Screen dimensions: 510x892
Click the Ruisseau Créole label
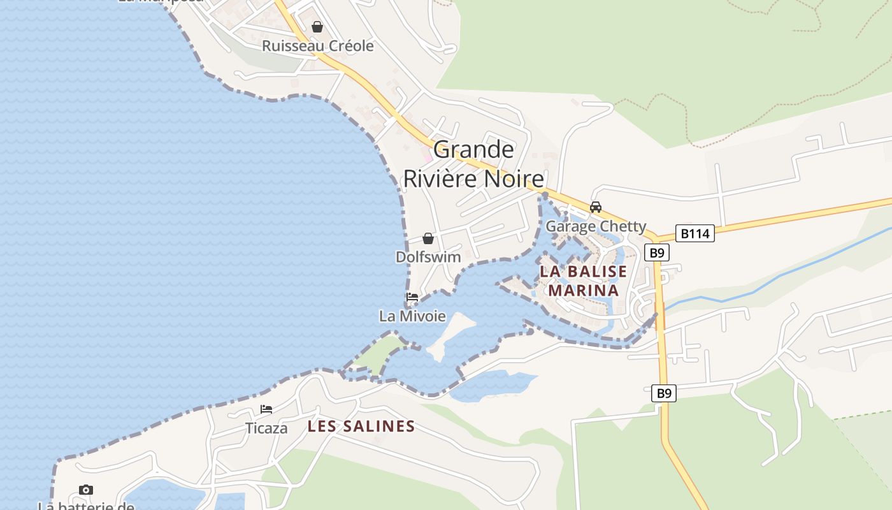click(x=317, y=46)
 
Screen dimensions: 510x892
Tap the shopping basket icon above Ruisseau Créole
click(x=317, y=27)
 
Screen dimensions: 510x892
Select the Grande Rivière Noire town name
click(x=474, y=164)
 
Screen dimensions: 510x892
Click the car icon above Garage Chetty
click(x=596, y=207)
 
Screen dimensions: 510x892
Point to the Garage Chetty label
click(x=596, y=226)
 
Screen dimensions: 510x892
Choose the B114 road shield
click(x=694, y=233)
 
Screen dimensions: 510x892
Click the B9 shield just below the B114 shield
click(x=656, y=252)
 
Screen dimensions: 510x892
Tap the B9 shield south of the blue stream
click(x=664, y=393)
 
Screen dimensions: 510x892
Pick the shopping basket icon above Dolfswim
click(x=428, y=238)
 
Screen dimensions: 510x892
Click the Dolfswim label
click(x=428, y=257)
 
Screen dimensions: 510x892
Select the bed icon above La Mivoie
click(x=412, y=297)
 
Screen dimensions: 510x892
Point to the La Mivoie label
click(x=412, y=316)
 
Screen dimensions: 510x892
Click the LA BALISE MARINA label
click(x=583, y=280)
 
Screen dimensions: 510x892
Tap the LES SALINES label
click(x=361, y=426)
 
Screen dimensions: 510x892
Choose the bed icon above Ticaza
click(x=266, y=409)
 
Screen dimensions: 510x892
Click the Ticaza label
click(x=266, y=428)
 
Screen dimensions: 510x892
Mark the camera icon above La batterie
click(x=85, y=490)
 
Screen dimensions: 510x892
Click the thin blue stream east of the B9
click(x=765, y=284)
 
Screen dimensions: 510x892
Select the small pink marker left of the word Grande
click(x=427, y=156)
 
